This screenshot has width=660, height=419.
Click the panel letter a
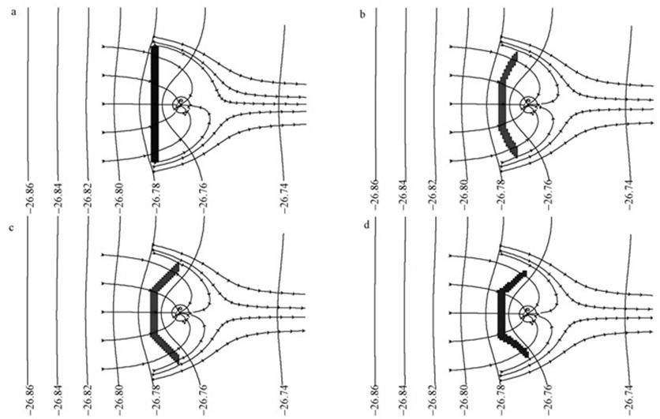tap(14, 12)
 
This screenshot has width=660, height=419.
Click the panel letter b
tap(362, 15)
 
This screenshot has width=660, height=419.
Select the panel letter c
tap(12, 227)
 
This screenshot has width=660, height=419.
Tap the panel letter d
tap(367, 225)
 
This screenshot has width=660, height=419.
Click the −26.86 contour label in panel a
tap(29, 197)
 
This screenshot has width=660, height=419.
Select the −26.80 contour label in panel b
tap(464, 193)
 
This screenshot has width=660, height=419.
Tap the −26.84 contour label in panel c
tap(58, 400)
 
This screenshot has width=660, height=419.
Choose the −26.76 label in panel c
tap(204, 400)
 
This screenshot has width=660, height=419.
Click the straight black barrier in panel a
tap(155, 104)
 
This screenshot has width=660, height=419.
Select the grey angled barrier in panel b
tap(508, 105)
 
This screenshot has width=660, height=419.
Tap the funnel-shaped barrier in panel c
tap(165, 313)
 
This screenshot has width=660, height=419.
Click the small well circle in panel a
tap(182, 104)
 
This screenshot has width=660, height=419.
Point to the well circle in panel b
tap(528, 104)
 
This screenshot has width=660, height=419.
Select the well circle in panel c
tap(180, 312)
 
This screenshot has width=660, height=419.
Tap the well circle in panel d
tap(528, 312)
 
